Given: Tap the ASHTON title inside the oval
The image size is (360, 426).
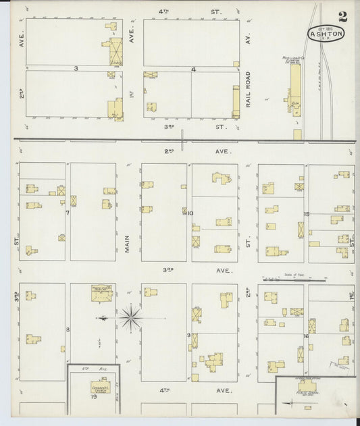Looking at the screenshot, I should pos(326,32).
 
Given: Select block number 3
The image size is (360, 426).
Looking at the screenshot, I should pos(76,68).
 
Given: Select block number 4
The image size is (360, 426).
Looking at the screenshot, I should pos(193,69).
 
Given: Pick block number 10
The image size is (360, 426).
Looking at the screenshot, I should pos(190,213).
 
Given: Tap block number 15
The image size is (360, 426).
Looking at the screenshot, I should pos(306,214).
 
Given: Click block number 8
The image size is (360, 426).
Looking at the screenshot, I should pos(68,329).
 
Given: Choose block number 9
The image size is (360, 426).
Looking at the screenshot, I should pos(188,334).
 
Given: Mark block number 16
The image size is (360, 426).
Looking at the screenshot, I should pos(306,336).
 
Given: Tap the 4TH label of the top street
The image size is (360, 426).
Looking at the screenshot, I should pos(162,11).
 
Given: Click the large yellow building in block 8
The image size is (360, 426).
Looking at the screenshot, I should pos(102,294).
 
